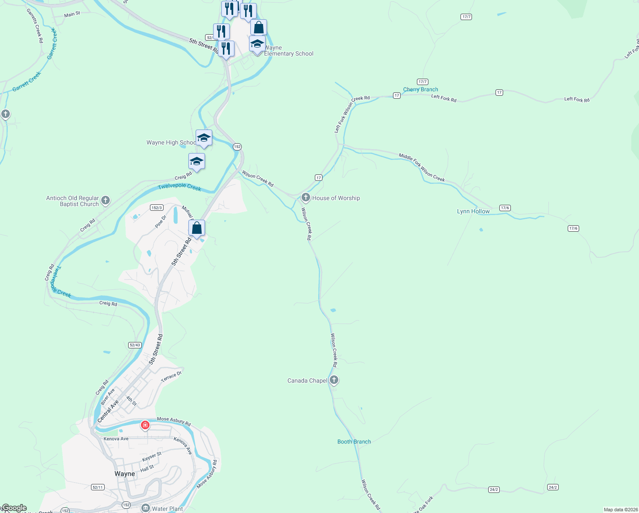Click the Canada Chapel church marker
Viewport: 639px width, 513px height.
tap(334, 380)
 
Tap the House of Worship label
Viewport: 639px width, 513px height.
tap(336, 198)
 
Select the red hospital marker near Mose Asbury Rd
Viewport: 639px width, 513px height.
tap(145, 425)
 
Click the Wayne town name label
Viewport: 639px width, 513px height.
tap(125, 474)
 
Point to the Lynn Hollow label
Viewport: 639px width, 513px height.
tap(473, 211)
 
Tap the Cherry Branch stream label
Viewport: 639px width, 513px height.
tap(420, 89)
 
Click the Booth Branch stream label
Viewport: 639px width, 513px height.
tap(354, 442)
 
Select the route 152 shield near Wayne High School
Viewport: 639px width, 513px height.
tap(237, 147)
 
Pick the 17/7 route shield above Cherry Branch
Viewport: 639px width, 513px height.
tap(422, 82)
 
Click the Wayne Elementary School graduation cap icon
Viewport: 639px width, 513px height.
tap(257, 44)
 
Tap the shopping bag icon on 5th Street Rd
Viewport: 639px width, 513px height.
tap(197, 228)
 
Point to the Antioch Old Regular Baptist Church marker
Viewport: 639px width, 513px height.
tap(106, 200)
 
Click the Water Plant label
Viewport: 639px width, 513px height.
tap(167, 509)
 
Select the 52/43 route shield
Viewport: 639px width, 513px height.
tap(135, 345)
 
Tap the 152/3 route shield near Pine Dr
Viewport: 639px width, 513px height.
tap(157, 208)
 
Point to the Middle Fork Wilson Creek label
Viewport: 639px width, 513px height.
tap(422, 168)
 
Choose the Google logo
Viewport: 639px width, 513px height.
tap(14, 508)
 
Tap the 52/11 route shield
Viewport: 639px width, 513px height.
tap(97, 487)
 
